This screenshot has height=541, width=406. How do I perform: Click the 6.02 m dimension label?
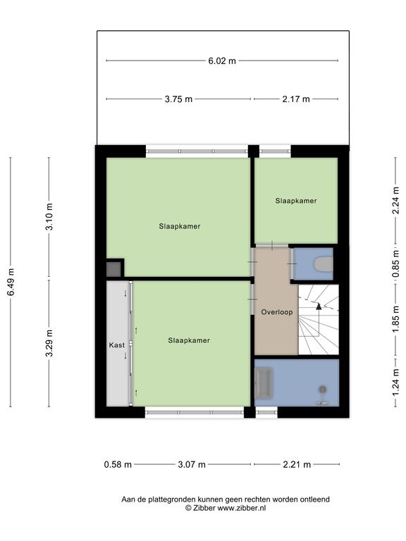[222, 61]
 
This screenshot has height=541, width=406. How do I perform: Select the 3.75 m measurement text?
[178, 99]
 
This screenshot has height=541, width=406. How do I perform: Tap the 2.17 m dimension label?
[296, 99]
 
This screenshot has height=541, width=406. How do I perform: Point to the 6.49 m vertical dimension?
[11, 282]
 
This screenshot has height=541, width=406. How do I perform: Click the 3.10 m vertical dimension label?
[50, 217]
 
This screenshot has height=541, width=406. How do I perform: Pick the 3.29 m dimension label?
[50, 343]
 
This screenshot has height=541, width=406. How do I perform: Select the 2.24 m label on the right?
[395, 201]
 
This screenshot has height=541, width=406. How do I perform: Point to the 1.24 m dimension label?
[395, 383]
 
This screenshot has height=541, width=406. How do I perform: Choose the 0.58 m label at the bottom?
[118, 465]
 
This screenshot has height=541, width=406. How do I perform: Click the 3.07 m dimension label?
[192, 465]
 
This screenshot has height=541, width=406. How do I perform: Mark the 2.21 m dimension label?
[297, 465]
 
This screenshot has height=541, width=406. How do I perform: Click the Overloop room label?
[277, 312]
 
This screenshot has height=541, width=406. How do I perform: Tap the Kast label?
[117, 345]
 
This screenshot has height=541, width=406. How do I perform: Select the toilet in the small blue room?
[323, 264]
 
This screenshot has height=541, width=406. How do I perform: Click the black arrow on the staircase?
[319, 306]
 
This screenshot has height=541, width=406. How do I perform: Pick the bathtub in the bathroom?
[264, 381]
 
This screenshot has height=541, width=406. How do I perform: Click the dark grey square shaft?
[113, 269]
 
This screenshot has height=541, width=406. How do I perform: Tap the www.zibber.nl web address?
[241, 508]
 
